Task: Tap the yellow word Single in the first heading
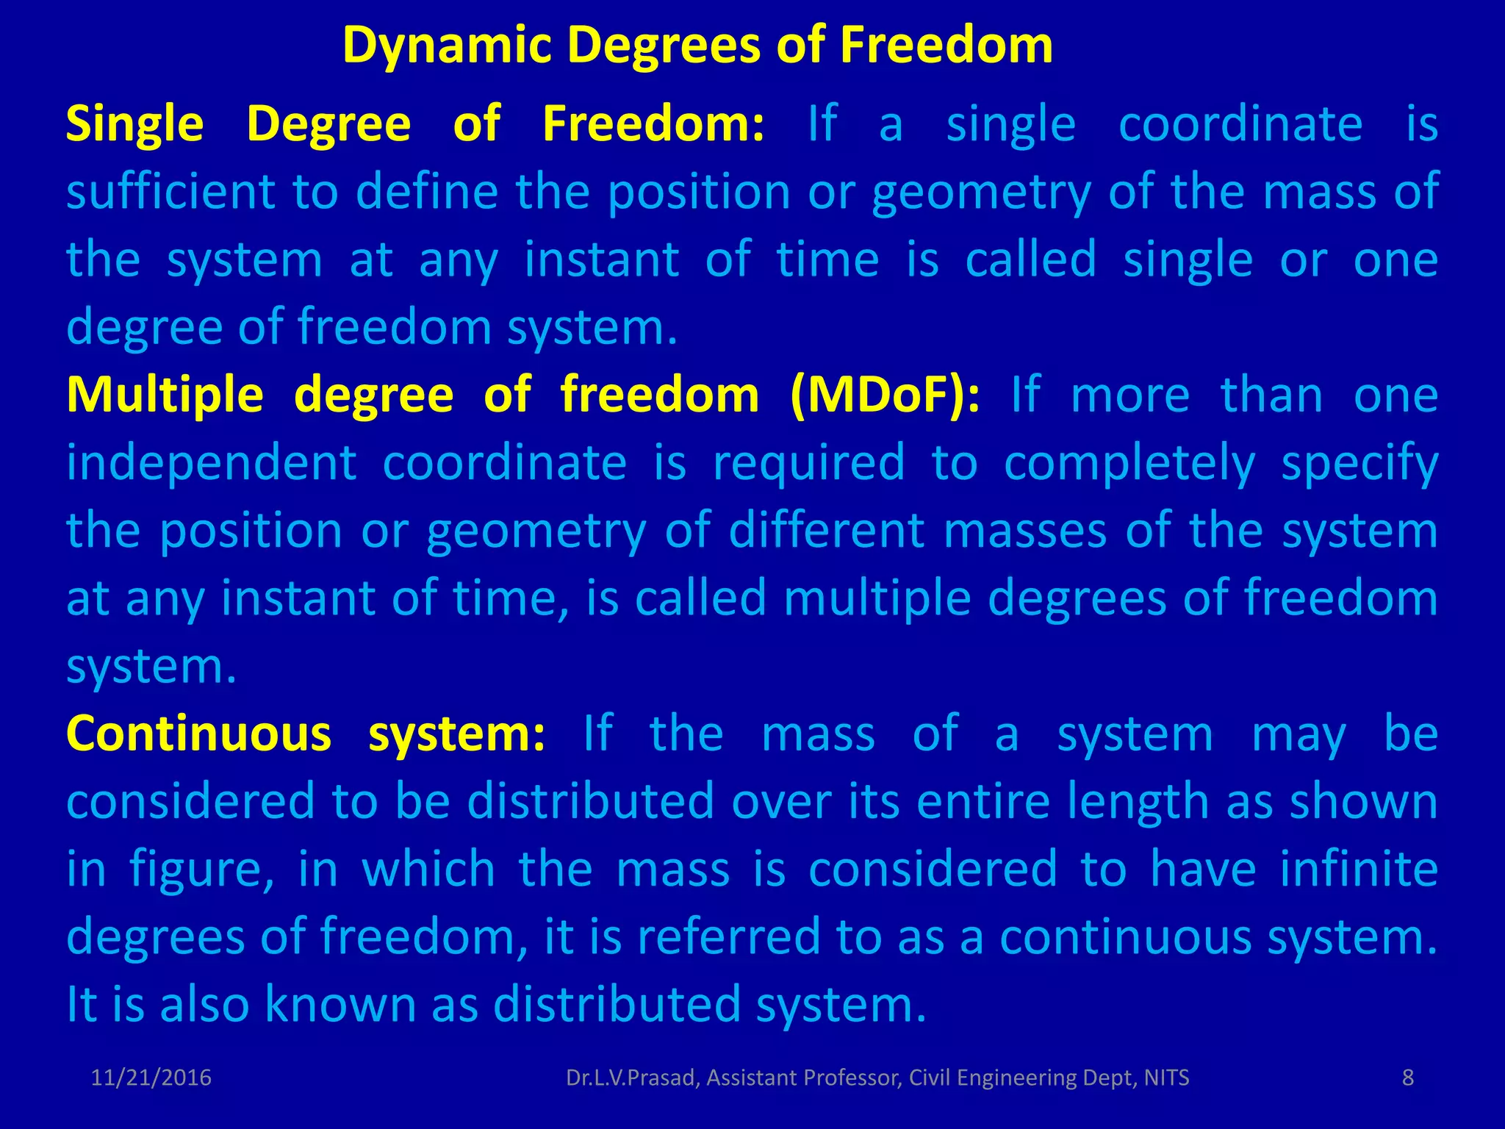tap(134, 123)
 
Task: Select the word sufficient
tap(170, 191)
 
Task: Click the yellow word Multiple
tap(165, 395)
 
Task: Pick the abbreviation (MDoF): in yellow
tap(885, 395)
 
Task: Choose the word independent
tap(212, 463)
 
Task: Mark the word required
tap(809, 463)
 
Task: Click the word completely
tap(1129, 463)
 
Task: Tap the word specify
tap(1359, 463)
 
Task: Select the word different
tap(826, 531)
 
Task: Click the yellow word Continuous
tap(198, 734)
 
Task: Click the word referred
tap(728, 937)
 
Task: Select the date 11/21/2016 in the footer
tap(151, 1078)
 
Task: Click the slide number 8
tap(1408, 1078)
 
